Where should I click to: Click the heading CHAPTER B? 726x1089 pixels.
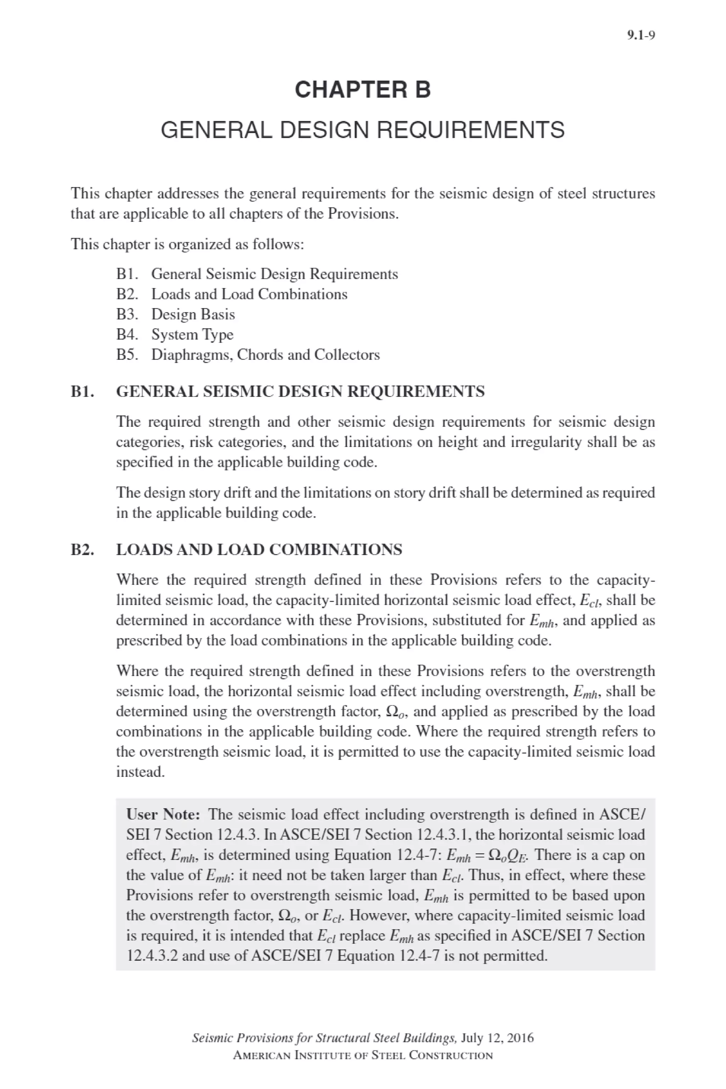tap(363, 89)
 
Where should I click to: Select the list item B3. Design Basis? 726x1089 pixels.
tap(176, 314)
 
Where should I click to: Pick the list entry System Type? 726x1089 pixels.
tap(192, 334)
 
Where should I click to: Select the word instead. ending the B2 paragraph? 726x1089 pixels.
tap(140, 772)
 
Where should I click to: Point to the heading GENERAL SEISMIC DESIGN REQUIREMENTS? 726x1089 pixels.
tap(300, 392)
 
